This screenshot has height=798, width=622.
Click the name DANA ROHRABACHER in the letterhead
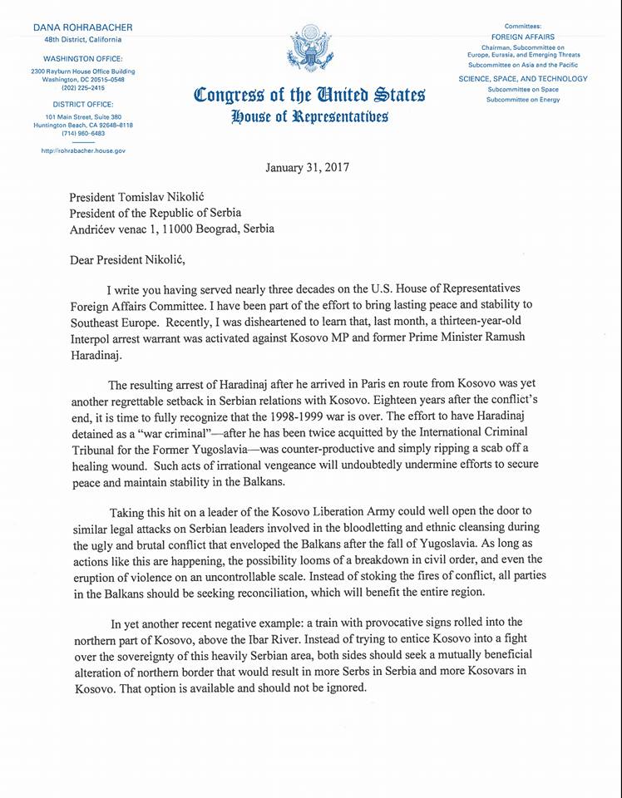coord(82,27)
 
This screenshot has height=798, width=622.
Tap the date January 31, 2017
coord(307,167)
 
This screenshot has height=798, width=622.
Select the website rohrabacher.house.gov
coord(82,150)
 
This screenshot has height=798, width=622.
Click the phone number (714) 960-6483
coord(82,132)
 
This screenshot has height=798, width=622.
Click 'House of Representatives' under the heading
coord(309,116)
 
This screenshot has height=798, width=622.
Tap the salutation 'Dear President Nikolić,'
coord(129,259)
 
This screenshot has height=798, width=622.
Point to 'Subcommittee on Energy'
coord(524,99)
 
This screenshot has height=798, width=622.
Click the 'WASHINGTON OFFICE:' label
coord(82,58)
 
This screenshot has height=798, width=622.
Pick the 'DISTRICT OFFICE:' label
coord(82,105)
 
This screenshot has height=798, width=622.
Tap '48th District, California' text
coord(82,39)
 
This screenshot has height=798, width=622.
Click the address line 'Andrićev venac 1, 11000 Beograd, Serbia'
coord(170,228)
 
